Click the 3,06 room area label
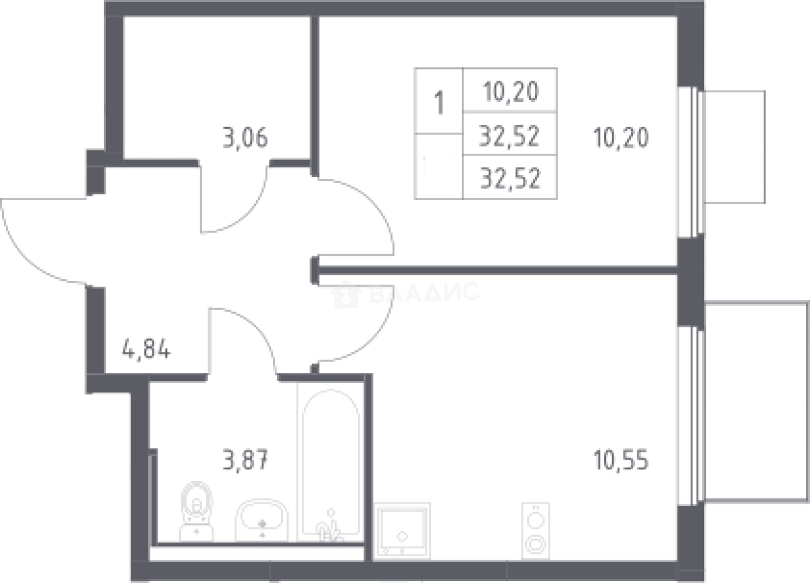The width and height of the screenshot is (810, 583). click(245, 138)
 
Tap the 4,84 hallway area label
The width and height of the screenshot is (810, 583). click(146, 349)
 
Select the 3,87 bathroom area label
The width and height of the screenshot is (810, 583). click(245, 460)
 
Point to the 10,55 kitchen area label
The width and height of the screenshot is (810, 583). click(621, 460)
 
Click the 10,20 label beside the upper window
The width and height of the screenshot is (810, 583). click(621, 138)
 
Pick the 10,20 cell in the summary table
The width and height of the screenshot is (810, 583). click(510, 92)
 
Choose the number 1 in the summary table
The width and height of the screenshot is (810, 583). click(439, 103)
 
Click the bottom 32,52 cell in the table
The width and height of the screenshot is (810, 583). click(510, 178)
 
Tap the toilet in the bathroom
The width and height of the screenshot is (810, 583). click(197, 512)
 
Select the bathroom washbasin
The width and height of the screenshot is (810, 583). click(262, 520)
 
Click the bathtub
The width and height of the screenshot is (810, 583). click(331, 463)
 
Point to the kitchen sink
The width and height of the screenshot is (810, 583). click(402, 531)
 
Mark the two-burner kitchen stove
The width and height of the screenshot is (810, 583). click(535, 530)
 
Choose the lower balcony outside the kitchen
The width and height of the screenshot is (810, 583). click(756, 402)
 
